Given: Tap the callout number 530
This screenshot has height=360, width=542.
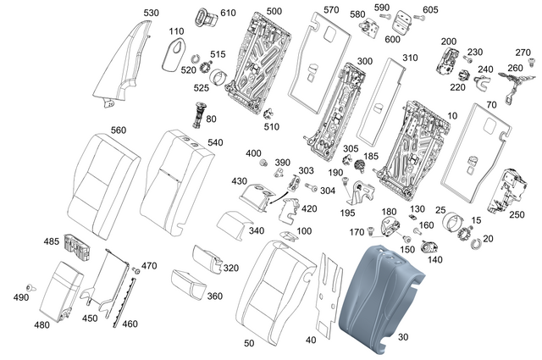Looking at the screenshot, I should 150,13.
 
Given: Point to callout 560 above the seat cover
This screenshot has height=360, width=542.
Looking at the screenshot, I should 118,130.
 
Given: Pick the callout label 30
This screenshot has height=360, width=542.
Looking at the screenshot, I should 403,337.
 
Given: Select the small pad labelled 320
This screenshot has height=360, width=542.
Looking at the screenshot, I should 206,258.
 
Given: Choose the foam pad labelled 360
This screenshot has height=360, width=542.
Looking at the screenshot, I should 189,280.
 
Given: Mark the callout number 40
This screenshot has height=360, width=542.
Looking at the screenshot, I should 310,340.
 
